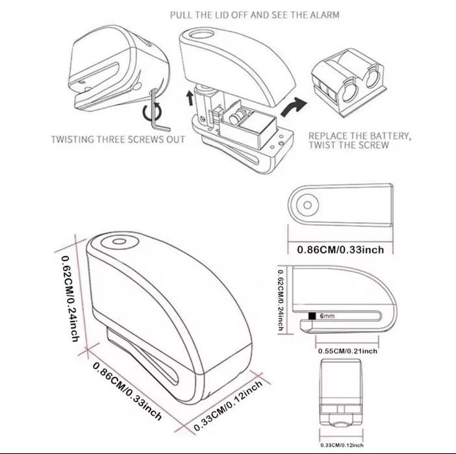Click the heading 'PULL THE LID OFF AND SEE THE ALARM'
point(255,15)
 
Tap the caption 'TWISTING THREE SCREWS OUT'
point(118,139)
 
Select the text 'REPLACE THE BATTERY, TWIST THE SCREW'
point(360,140)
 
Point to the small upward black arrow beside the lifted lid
point(190,98)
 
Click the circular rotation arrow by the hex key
point(153,113)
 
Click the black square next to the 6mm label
point(312,316)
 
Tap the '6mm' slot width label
point(327,316)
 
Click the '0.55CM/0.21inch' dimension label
point(348,351)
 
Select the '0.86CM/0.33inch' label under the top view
point(340,249)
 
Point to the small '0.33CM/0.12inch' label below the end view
point(342,446)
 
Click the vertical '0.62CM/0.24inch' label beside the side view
point(281,300)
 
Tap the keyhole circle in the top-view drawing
point(307,205)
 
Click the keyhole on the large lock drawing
point(119,242)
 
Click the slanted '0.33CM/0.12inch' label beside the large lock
point(228,405)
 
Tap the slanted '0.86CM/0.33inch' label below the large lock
point(127,390)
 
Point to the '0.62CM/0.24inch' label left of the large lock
point(70,298)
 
